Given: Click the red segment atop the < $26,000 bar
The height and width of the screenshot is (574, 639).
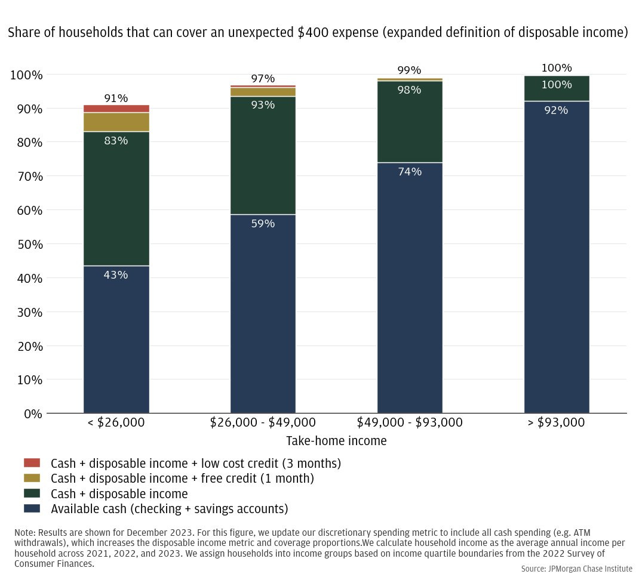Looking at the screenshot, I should [116, 109].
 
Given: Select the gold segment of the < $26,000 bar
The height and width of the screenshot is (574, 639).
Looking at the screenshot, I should [116, 122].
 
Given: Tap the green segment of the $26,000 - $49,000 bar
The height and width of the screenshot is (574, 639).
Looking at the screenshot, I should [263, 155].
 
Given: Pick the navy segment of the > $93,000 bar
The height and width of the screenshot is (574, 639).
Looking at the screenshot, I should [557, 257].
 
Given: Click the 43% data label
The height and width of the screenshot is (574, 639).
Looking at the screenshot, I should [116, 275].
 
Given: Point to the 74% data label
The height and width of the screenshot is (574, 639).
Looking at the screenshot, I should [410, 172].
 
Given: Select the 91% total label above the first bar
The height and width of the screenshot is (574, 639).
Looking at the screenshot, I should [116, 98].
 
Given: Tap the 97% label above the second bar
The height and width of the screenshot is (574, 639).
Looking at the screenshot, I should [263, 79].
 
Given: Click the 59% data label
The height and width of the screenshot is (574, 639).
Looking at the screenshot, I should [263, 224].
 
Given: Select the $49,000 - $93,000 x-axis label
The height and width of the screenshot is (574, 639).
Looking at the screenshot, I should [410, 423].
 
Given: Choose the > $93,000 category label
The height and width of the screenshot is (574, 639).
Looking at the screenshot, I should [557, 423].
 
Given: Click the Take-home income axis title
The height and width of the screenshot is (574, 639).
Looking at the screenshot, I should [336, 442].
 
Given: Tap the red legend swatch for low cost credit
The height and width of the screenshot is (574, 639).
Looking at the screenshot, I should [32, 463].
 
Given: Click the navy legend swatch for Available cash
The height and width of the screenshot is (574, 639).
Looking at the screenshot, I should [32, 509].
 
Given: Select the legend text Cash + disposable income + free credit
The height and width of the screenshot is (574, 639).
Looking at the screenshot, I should [182, 479].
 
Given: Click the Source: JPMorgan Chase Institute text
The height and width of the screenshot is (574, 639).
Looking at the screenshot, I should [576, 569].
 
